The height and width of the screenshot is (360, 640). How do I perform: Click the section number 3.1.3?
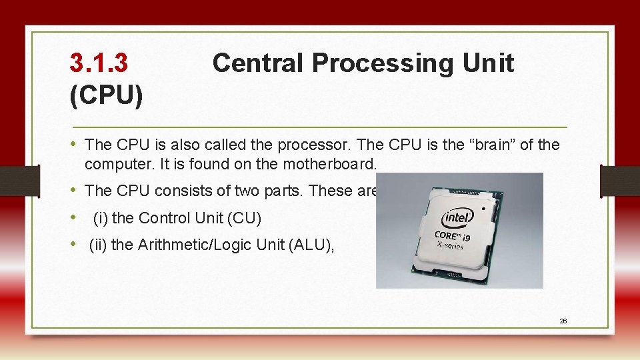point(99,63)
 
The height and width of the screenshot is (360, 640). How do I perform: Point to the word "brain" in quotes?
point(489,145)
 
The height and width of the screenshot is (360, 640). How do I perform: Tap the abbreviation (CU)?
point(245,218)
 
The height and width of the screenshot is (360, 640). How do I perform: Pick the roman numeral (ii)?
point(98,245)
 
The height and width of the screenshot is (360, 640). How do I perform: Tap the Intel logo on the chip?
point(459,217)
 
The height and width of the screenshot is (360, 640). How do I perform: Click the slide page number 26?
point(563,321)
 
